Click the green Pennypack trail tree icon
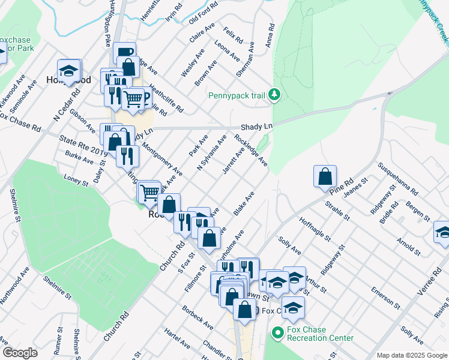point(274,94)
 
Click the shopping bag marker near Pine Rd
point(325,176)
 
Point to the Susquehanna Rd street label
point(397,179)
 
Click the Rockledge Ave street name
point(252,151)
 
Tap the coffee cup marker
point(124,53)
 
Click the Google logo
point(20,353)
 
